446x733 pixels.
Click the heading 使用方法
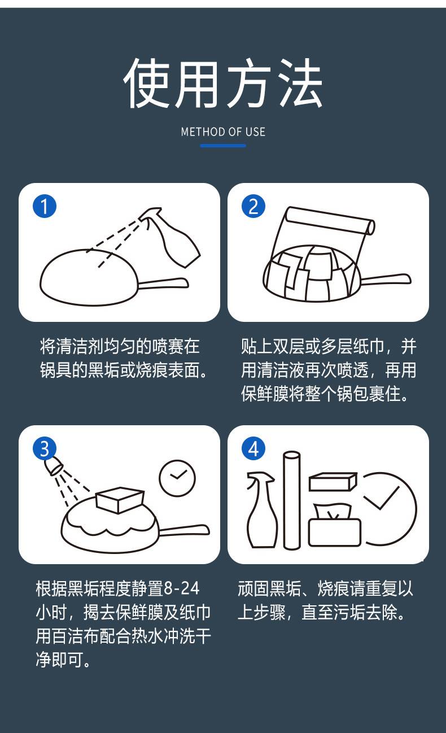tap(223, 83)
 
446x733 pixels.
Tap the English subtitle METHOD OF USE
tap(223, 132)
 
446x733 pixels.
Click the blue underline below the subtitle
tap(223, 146)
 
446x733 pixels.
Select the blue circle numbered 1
tap(45, 206)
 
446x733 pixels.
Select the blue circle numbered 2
tap(253, 206)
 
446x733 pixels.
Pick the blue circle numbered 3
tap(45, 448)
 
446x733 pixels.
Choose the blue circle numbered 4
tap(253, 448)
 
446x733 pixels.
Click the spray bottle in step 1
tap(172, 237)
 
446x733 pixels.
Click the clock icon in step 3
tap(177, 478)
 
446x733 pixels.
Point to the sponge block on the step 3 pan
tap(120, 500)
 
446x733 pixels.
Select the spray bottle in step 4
tap(263, 509)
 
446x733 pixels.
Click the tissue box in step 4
tap(334, 525)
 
